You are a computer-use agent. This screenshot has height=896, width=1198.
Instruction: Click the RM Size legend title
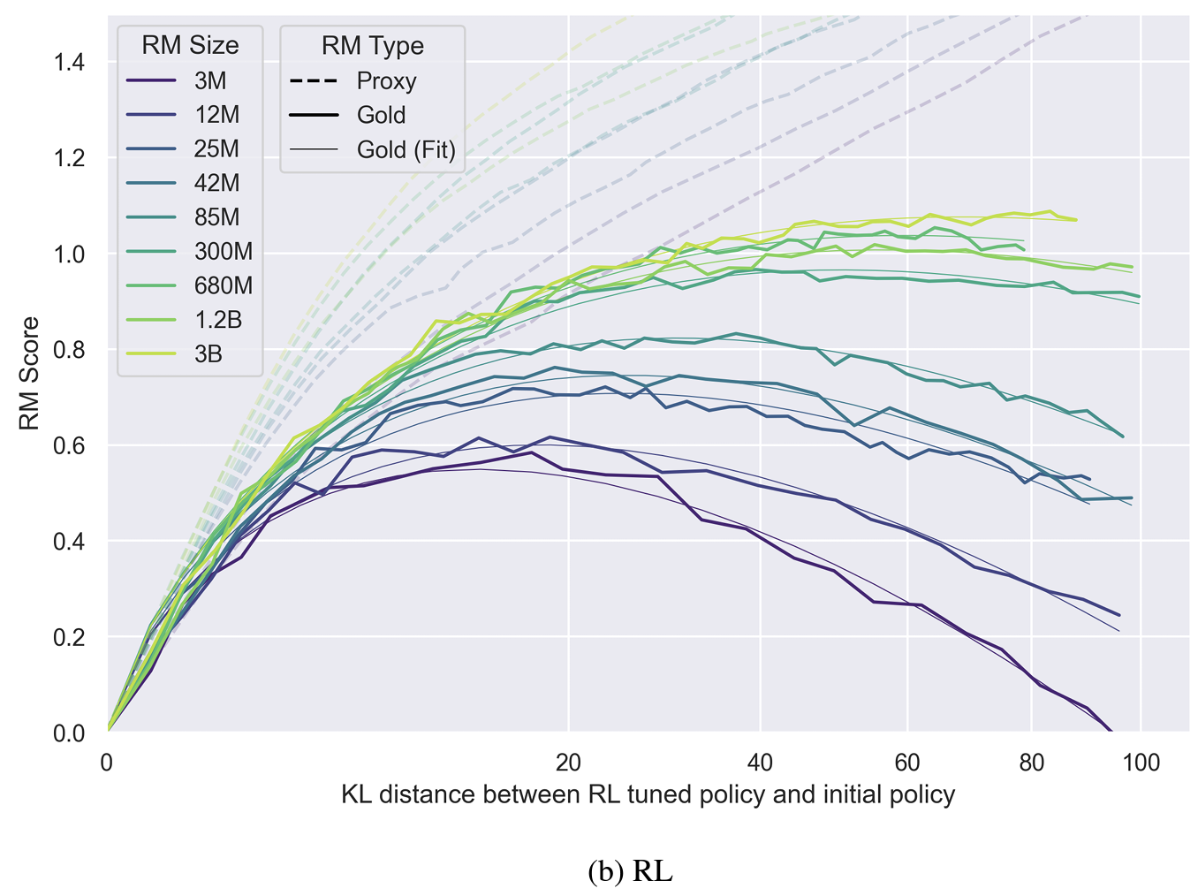pos(190,46)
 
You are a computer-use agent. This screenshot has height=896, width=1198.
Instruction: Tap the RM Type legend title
pos(372,46)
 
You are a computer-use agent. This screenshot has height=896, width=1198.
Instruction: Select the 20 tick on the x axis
pos(568,763)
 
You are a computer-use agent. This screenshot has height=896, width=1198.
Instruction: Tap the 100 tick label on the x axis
pos(1141,763)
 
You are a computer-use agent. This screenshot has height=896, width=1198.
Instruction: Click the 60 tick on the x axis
pos(906,763)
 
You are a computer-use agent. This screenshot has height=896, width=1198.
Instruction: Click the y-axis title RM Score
pos(30,374)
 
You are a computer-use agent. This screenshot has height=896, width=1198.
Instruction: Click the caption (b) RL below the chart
pos(629,872)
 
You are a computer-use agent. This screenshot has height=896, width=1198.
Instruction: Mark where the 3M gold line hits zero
pos(1111,732)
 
